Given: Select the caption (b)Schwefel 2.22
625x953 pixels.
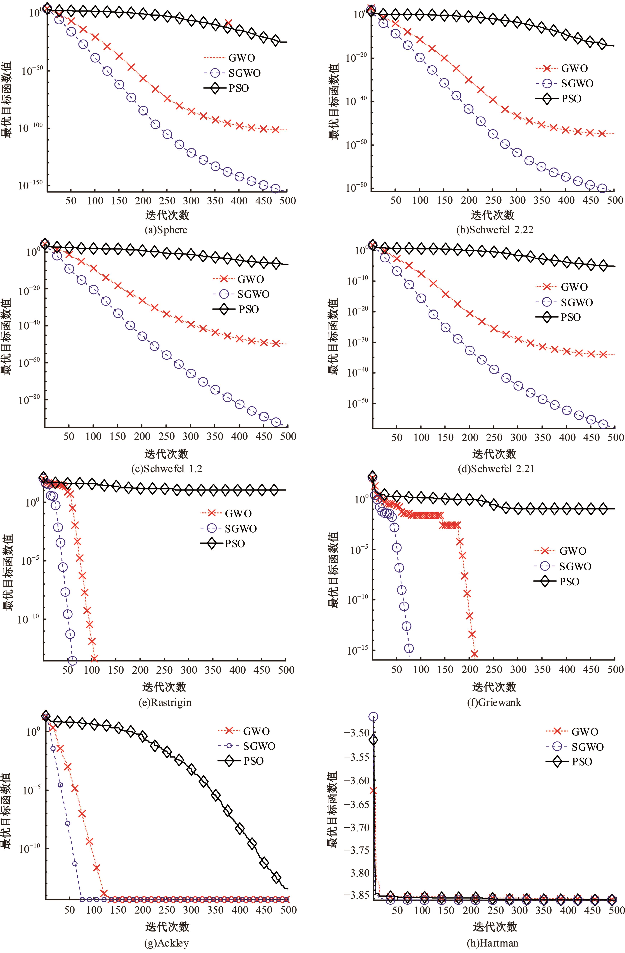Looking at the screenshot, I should pyautogui.click(x=495, y=230).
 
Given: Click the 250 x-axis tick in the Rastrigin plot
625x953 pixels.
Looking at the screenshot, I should pyautogui.click(x=164, y=670).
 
